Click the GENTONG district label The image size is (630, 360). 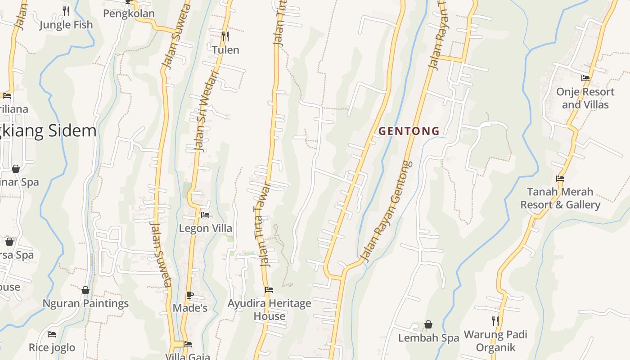(x=409, y=131)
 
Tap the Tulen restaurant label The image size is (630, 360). (x=225, y=50)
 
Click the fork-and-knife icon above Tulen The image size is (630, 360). (x=225, y=36)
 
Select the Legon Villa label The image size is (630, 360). (x=206, y=228)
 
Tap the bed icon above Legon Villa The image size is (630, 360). (x=205, y=215)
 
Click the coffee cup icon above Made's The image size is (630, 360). (x=190, y=295)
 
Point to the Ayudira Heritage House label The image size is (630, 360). (x=269, y=310)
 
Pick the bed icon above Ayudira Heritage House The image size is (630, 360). (x=269, y=289)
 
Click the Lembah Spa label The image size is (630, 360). (x=428, y=337)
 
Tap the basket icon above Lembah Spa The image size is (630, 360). (x=428, y=324)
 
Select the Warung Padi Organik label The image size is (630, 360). (x=495, y=341)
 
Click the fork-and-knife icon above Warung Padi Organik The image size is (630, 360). (x=495, y=321)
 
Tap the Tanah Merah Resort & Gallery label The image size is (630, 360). (x=560, y=198)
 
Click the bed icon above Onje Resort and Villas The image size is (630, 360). (x=585, y=78)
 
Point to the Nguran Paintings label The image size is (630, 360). (x=85, y=303)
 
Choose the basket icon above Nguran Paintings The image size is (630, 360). (x=85, y=290)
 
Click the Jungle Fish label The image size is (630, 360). (x=66, y=25)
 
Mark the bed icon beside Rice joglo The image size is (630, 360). (x=52, y=334)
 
